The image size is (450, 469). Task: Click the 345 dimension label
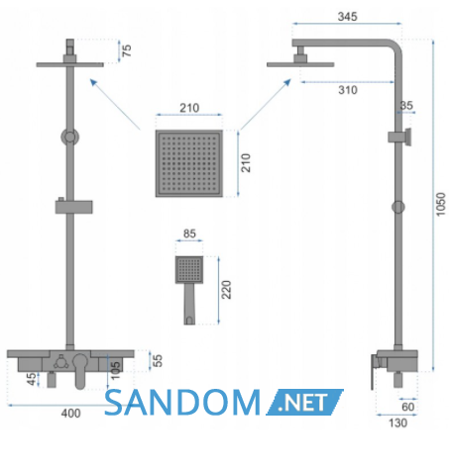(x=347, y=17)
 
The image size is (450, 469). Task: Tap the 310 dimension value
(x=348, y=90)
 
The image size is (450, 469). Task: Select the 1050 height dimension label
(x=440, y=205)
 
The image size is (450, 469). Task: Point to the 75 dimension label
(x=127, y=50)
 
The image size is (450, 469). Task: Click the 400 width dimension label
(x=70, y=414)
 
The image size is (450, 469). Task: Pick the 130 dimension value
(x=397, y=422)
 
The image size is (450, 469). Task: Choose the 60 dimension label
(x=408, y=407)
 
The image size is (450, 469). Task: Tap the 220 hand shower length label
(x=226, y=290)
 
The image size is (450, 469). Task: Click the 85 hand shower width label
(x=189, y=234)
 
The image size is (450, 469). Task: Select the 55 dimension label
(x=158, y=360)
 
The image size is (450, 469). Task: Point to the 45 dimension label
(x=32, y=379)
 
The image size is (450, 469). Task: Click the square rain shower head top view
(x=189, y=163)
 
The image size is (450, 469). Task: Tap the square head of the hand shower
(x=189, y=269)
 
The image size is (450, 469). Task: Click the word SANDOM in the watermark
(x=182, y=403)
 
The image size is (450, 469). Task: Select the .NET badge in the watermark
(x=304, y=403)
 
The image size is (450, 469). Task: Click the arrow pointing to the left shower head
(x=115, y=104)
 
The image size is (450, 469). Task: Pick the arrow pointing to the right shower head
(x=266, y=104)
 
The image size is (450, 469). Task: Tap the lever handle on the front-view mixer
(x=80, y=372)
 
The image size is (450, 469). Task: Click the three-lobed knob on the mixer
(x=61, y=361)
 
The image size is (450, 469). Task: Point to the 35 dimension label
(x=406, y=106)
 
